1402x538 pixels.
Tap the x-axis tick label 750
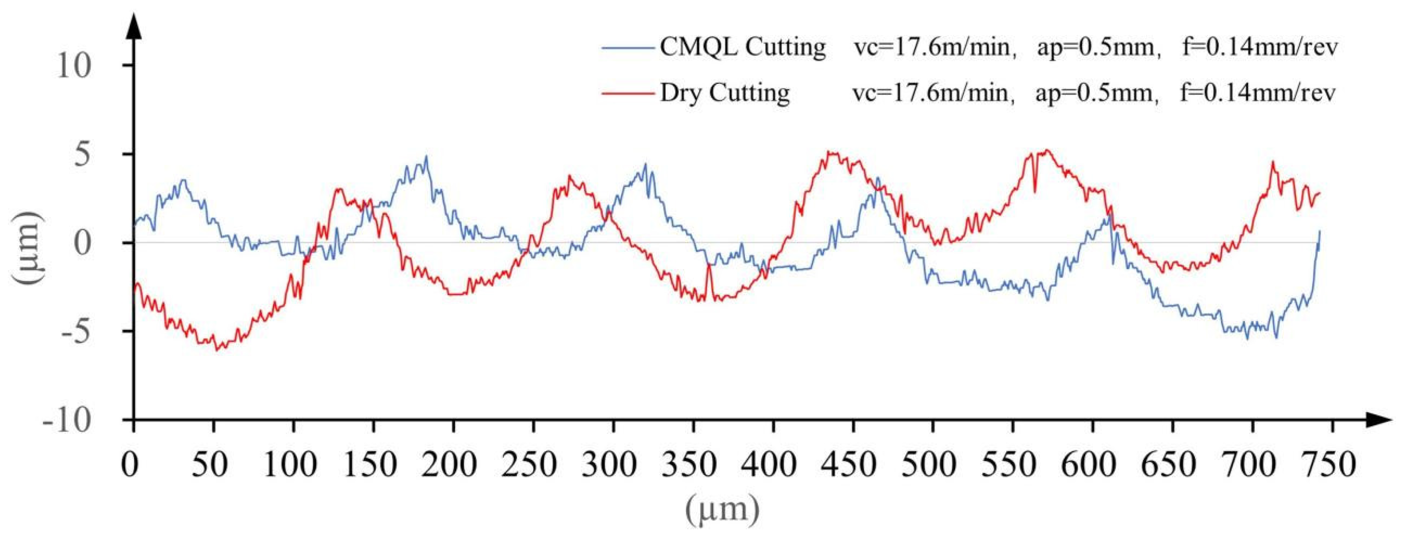tap(1332, 467)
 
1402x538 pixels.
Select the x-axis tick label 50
tap(213, 467)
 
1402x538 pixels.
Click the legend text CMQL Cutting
tap(742, 47)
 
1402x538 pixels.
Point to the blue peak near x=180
tap(426, 157)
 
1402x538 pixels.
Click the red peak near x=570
tap(1046, 151)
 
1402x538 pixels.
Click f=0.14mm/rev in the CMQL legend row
tap(1257, 47)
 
